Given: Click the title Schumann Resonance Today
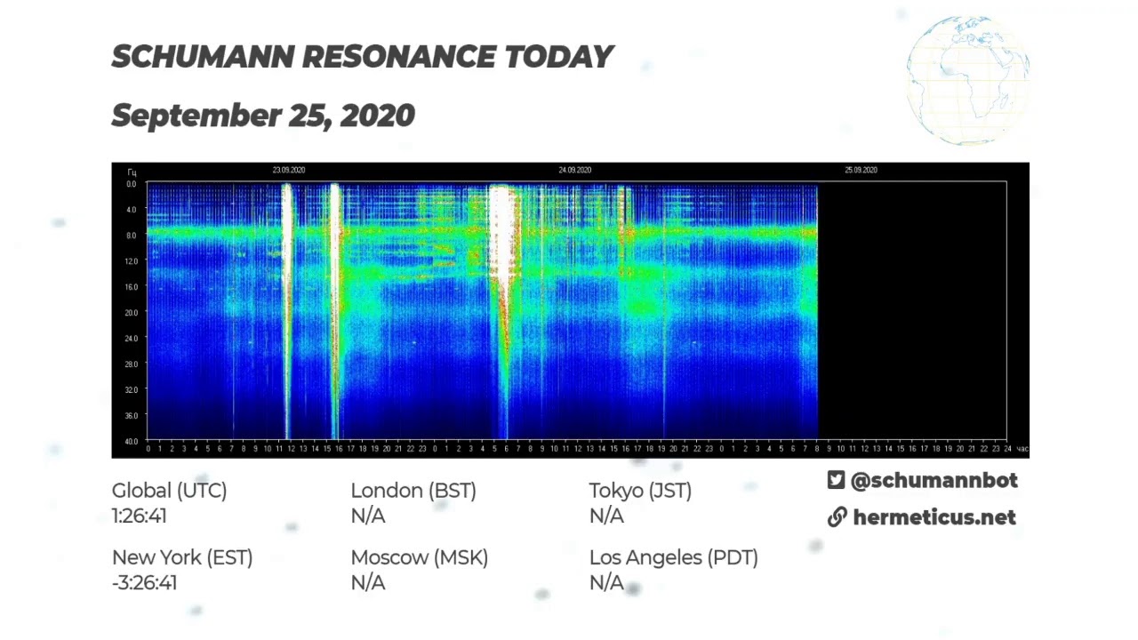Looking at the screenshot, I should pos(362,57).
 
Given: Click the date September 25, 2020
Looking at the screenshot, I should pos(263,116).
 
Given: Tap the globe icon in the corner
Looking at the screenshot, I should pos(968,80).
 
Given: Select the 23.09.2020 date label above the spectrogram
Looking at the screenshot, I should pos(289,170).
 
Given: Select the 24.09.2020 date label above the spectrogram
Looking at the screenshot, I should pos(574,170).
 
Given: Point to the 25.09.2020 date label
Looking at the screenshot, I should pos(861,170).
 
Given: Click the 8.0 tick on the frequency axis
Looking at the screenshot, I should pos(131,236).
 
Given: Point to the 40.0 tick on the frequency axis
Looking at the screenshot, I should pos(131,441).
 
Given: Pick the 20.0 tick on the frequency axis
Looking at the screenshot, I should pos(131,313).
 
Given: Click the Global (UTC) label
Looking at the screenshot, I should pos(169,491).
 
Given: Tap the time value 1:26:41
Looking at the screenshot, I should pos(140,516).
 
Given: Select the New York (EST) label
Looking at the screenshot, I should pos(182,558).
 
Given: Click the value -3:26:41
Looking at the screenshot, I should pos(144,583).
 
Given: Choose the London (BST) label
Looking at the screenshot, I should pos(413,491).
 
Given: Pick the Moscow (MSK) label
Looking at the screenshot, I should pos(419,558).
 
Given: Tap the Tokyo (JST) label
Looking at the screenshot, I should pos(640,491).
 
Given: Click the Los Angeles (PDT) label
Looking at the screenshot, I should pos(673,558).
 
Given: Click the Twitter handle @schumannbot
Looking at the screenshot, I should pos(934,481).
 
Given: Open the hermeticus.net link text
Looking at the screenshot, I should pos(934,517).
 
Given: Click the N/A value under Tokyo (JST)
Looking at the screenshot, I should pos(606,516).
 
